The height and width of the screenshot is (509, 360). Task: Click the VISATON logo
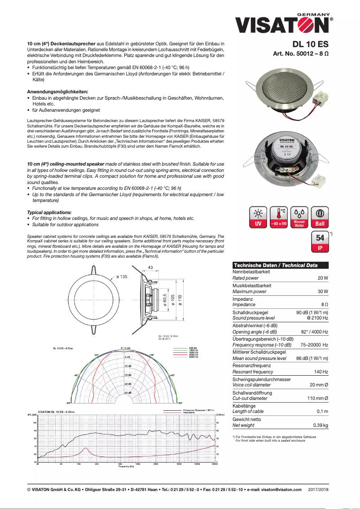tap(284, 24)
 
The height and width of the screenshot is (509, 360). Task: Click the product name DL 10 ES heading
tap(311, 44)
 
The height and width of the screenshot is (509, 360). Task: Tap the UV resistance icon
tap(258, 218)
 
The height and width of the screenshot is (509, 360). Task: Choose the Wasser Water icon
tap(299, 218)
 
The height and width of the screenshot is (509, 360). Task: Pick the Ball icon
tap(320, 218)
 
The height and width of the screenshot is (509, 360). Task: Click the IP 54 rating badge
tap(320, 243)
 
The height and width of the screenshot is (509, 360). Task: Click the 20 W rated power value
tap(323, 278)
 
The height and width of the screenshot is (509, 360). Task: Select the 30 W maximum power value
tap(323, 292)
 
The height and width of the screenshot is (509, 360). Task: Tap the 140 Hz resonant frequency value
tap(321, 372)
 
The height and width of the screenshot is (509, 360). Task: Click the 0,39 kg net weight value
tap(320, 425)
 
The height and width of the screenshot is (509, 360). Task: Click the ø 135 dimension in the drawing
tap(122, 277)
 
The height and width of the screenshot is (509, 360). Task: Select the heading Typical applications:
tap(49, 212)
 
